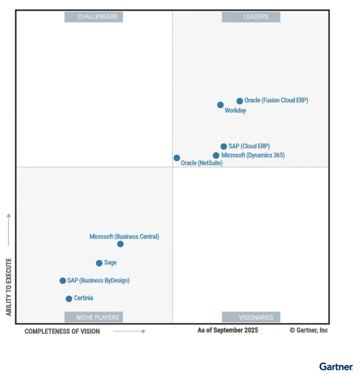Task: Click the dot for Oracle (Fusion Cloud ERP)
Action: tap(240, 101)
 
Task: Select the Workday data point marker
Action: tap(221, 105)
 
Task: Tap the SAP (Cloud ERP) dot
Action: tap(224, 146)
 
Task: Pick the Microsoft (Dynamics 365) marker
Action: tap(216, 155)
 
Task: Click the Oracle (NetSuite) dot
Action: tap(177, 158)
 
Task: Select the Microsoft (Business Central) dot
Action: tap(120, 244)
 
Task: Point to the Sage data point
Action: tap(99, 263)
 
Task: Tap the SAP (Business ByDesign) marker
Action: tap(63, 280)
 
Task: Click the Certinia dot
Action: tap(69, 299)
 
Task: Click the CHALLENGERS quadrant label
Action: tap(94, 17)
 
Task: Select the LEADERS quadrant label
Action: tap(251, 17)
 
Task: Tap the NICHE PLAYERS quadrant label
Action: tap(94, 317)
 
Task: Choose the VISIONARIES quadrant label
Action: tap(251, 317)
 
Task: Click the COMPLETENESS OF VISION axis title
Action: tap(62, 331)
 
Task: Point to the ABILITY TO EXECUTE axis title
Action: tap(9, 287)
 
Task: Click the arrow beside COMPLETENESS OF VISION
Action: tap(129, 331)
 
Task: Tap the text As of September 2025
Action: tap(228, 330)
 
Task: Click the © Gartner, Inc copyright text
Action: tap(309, 330)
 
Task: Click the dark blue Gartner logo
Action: tap(336, 366)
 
